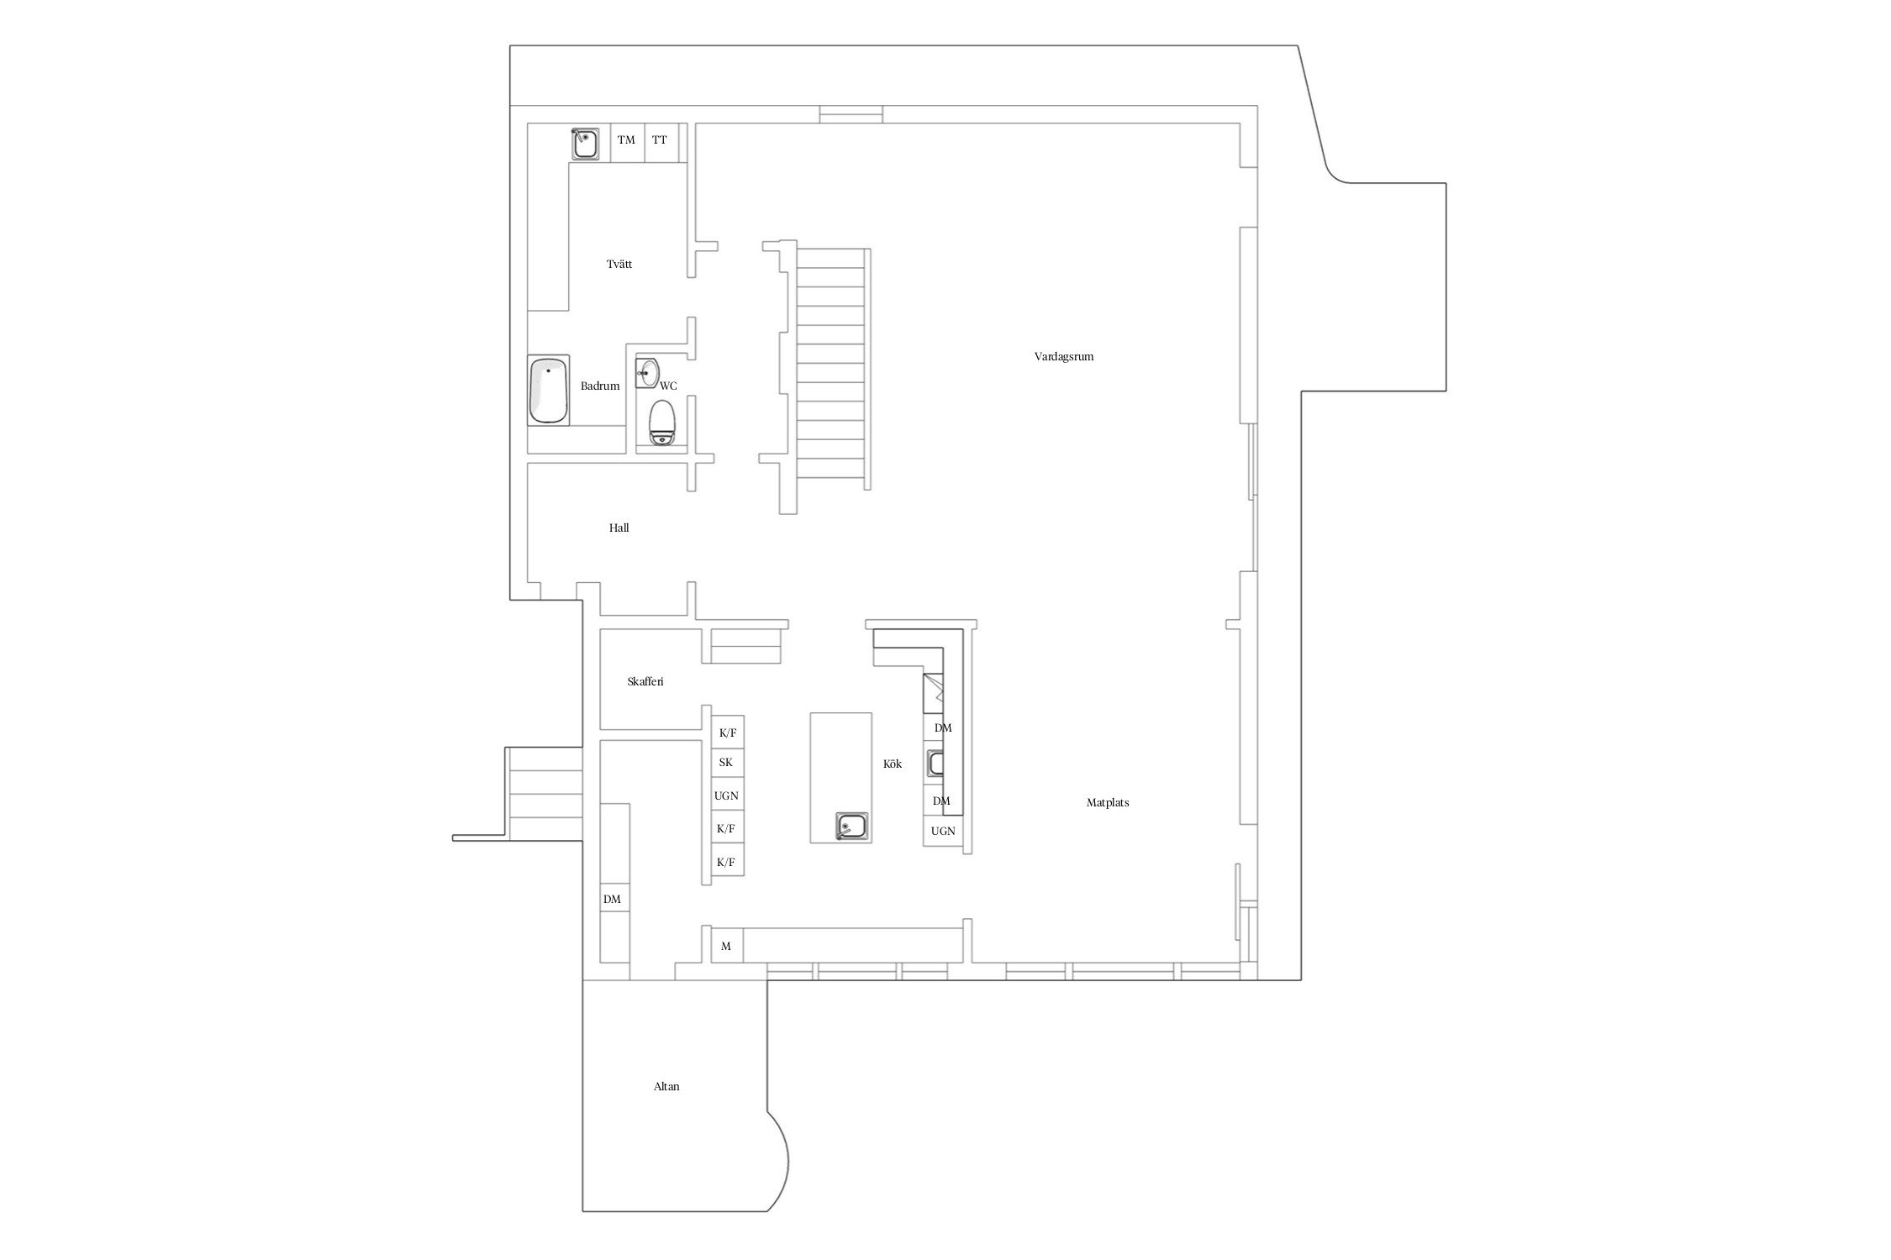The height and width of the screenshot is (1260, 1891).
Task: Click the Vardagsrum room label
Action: pos(1063,356)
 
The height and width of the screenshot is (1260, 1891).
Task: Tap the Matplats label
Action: pos(1107,802)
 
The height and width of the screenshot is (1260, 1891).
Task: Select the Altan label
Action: pos(666,1086)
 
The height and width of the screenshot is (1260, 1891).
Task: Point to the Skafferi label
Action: pos(645,681)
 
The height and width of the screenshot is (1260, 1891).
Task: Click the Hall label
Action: pos(619,528)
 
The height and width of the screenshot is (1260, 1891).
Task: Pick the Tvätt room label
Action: pos(619,264)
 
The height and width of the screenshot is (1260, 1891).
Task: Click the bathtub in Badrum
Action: pos(548,391)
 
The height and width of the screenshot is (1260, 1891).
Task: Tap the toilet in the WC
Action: pos(662,422)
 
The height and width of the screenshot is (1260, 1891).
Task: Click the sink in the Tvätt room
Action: pos(585,144)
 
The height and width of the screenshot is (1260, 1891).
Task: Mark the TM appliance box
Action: pos(626,140)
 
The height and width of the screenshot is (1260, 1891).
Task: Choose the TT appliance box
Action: pos(660,140)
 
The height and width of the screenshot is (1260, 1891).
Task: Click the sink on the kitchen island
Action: pos(852,827)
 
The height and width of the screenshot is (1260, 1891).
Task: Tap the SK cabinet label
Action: pos(725,763)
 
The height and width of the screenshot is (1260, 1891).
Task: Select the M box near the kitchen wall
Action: pos(726,946)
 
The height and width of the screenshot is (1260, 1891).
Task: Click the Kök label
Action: pos(892,764)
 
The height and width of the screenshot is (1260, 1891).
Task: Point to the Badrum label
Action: pos(600,386)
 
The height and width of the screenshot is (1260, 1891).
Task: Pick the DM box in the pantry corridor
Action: pos(612,899)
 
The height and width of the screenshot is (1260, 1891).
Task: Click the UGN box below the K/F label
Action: pos(725,795)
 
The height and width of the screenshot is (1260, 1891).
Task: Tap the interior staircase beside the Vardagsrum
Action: pos(830,370)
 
